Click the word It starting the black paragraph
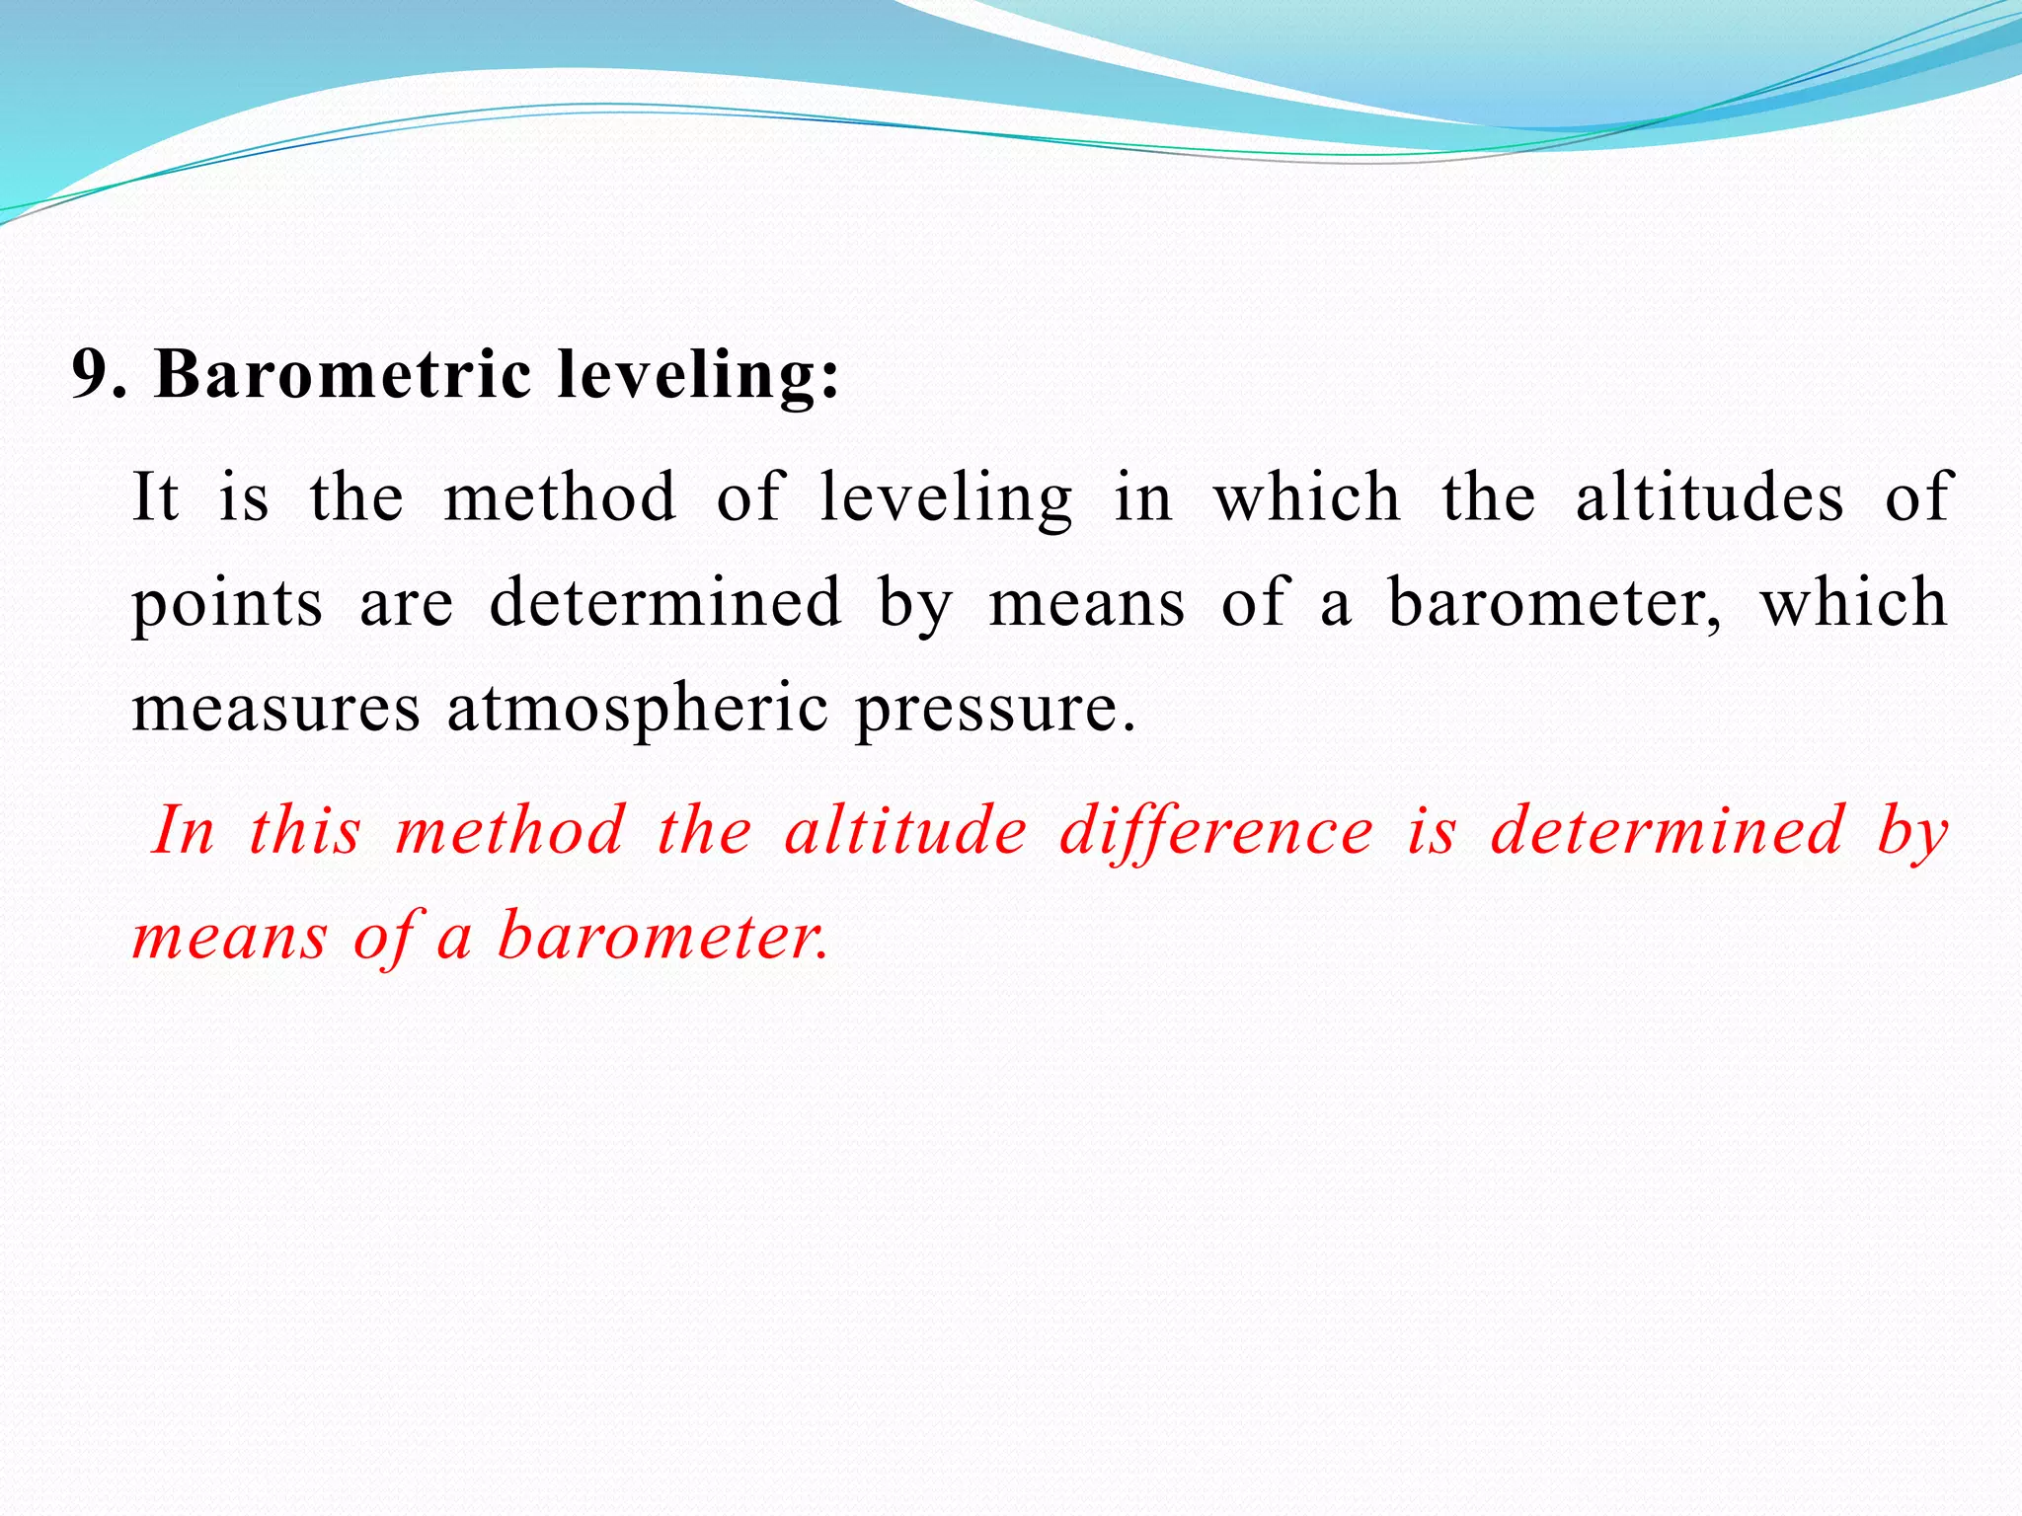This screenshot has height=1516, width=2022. [156, 495]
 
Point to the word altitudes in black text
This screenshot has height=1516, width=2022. [1709, 495]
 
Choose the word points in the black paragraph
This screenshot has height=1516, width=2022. [227, 604]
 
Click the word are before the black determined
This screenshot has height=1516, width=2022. [407, 604]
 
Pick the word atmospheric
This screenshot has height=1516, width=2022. [638, 710]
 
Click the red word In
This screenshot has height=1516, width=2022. [184, 830]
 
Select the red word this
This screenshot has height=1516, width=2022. [305, 830]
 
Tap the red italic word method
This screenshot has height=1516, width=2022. [510, 830]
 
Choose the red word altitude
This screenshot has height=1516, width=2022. [906, 830]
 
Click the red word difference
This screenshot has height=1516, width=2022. [1216, 832]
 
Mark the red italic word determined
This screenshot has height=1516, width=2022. [1668, 830]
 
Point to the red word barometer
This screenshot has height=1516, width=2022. [662, 935]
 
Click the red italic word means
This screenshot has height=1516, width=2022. [229, 937]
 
